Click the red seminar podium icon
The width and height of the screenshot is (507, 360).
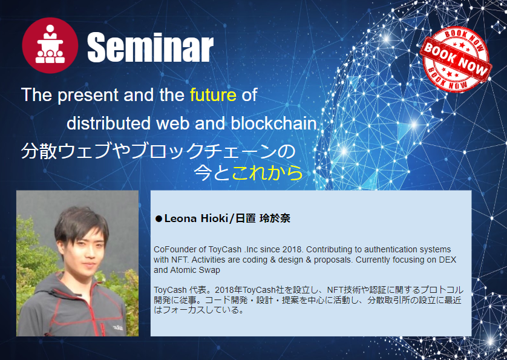pyautogui.click(x=50, y=45)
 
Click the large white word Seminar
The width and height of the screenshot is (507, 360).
pyautogui.click(x=151, y=47)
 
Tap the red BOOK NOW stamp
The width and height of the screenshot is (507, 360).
pyautogui.click(x=456, y=59)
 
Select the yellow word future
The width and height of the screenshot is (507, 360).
pyautogui.click(x=213, y=95)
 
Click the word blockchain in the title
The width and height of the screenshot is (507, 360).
pyautogui.click(x=274, y=123)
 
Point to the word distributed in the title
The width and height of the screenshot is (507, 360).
pyautogui.click(x=108, y=123)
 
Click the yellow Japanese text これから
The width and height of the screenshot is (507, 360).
pyautogui.click(x=267, y=173)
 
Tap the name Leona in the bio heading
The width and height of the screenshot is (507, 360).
pyautogui.click(x=180, y=218)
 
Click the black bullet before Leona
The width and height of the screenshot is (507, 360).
pyautogui.click(x=159, y=219)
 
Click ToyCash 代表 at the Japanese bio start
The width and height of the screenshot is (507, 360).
pyautogui.click(x=175, y=290)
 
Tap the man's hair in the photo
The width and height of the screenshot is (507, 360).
pyautogui.click(x=80, y=223)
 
